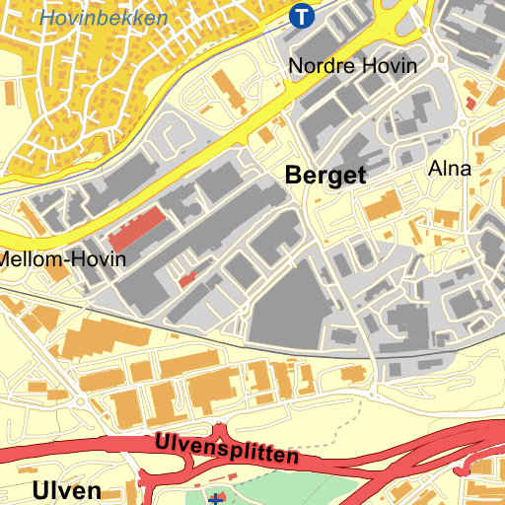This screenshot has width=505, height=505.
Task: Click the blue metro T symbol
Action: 302,16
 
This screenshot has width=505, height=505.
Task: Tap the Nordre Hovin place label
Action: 352,66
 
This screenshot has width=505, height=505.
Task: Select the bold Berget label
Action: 325,177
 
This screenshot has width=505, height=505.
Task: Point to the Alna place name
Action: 450,169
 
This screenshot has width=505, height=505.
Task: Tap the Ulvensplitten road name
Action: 226,450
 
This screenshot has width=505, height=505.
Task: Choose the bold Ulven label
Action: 66,491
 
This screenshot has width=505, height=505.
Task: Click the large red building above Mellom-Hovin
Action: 137,229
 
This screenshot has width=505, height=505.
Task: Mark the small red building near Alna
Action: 469,103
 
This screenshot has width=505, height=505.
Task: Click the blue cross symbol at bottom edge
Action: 217,499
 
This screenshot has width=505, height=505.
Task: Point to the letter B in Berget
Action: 293,176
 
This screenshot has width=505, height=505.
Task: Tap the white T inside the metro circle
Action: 302,16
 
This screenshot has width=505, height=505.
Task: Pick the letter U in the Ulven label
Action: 39,491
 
